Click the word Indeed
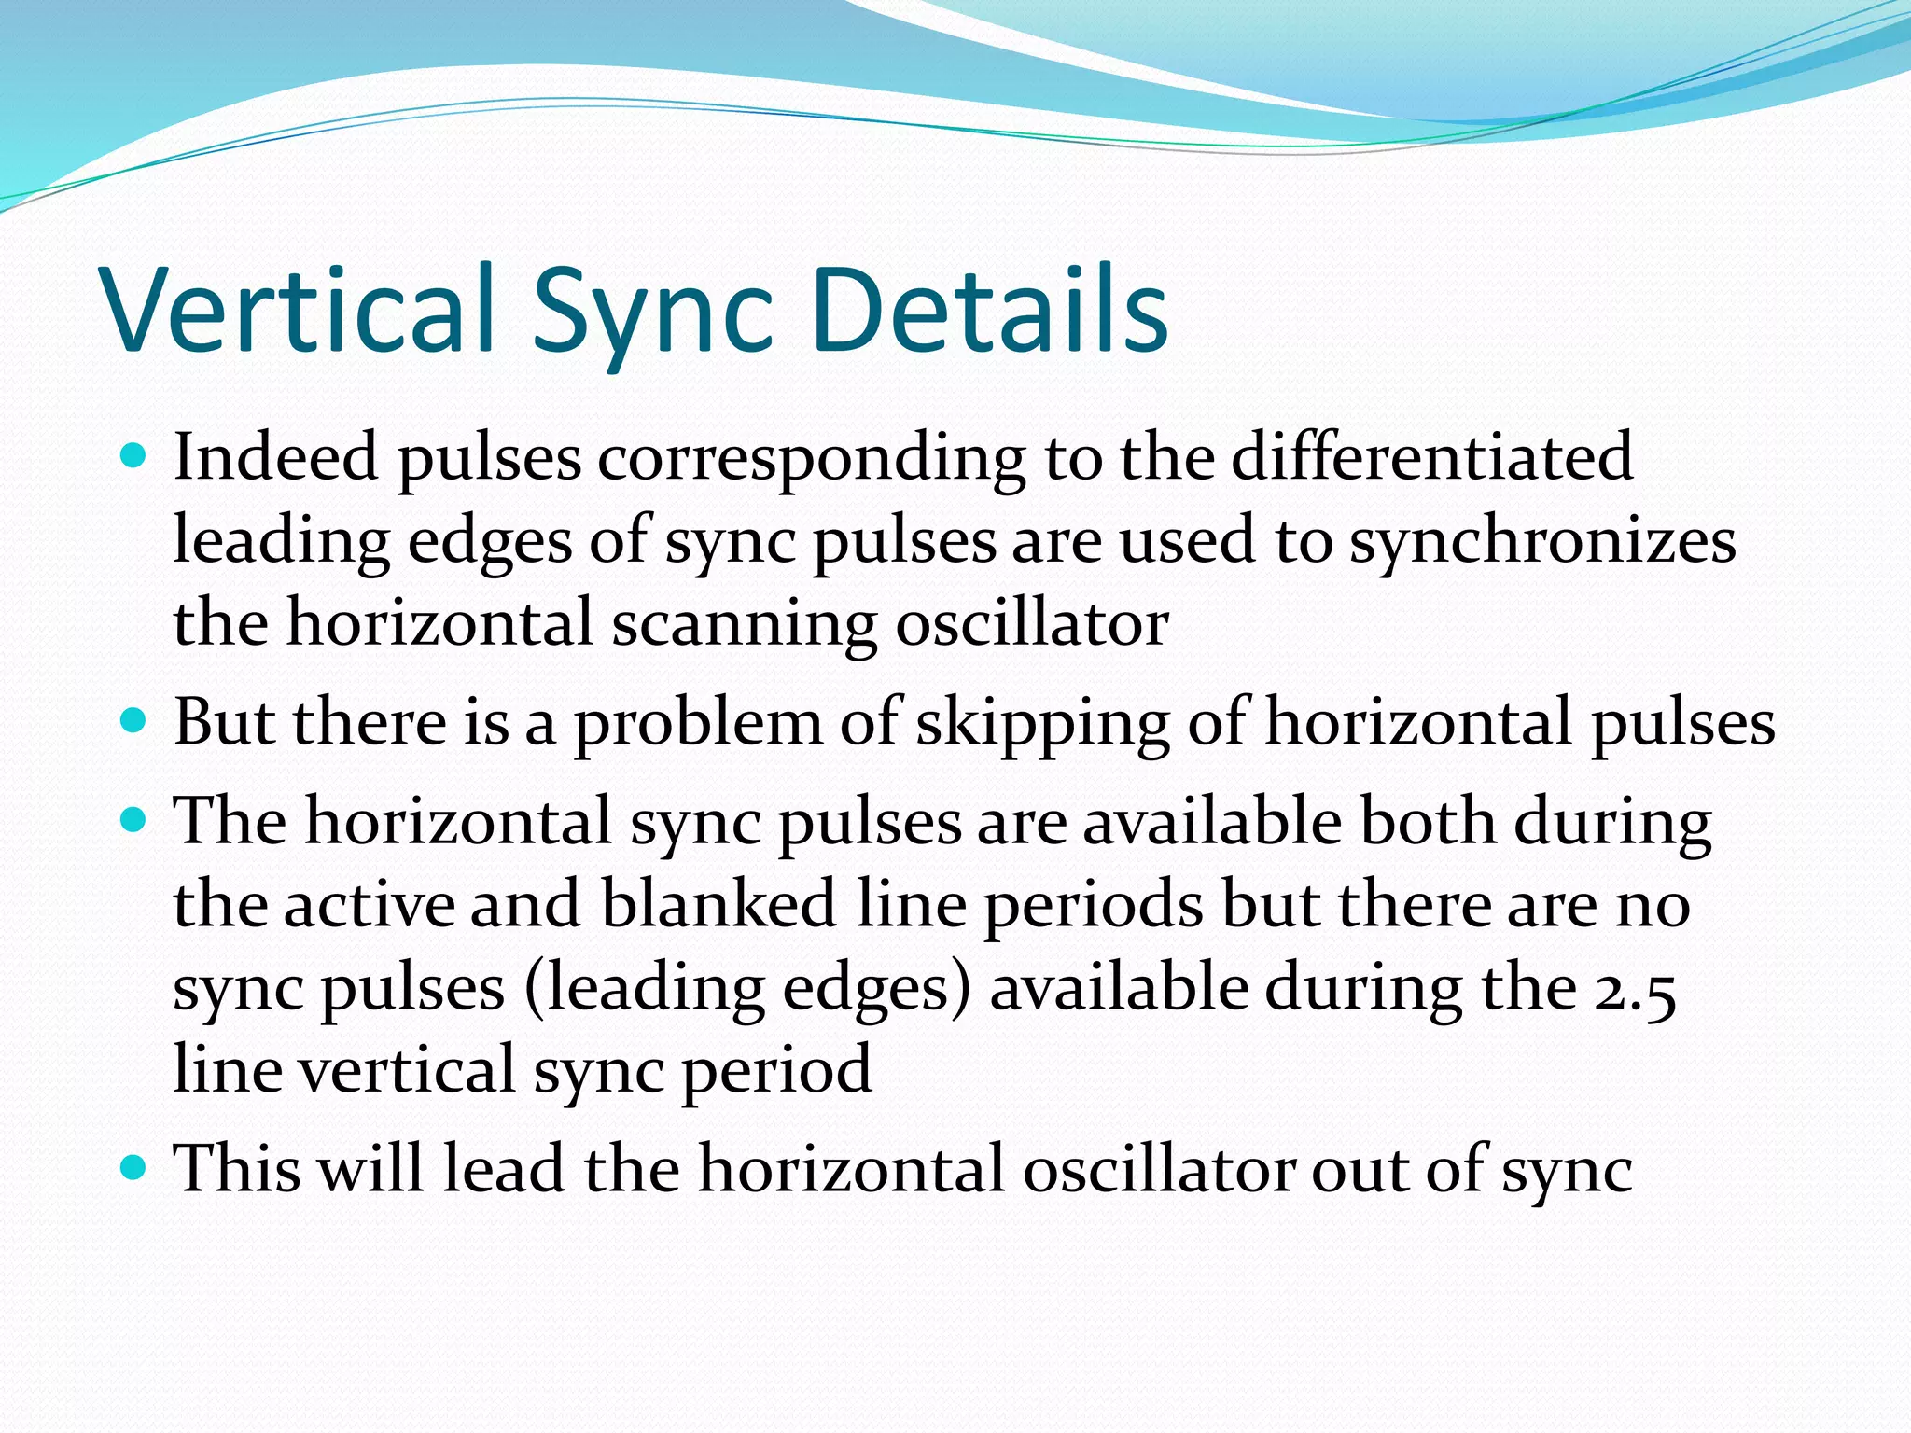pos(276,457)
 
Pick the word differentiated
pos(1431,457)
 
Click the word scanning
pos(744,623)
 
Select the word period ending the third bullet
pos(776,1071)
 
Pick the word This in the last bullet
pos(238,1167)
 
